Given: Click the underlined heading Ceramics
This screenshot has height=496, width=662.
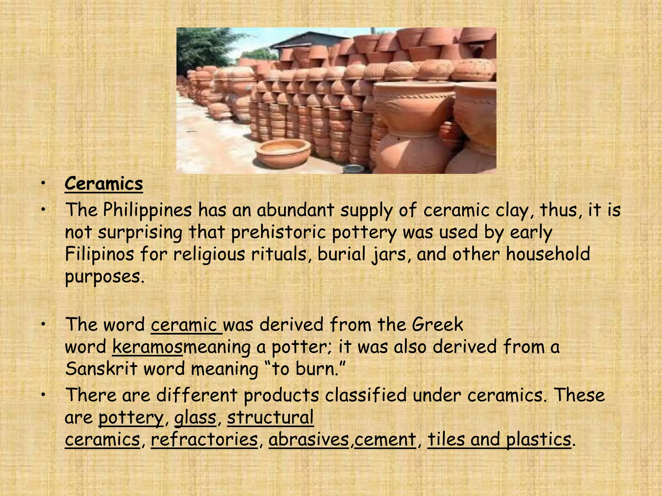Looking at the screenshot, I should (x=103, y=184).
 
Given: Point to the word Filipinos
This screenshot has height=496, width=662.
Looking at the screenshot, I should (x=99, y=254).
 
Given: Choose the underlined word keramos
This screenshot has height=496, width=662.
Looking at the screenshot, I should (x=147, y=347).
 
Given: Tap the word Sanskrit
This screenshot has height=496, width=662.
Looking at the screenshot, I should (x=101, y=369).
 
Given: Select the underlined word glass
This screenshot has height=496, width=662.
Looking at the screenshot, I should (x=195, y=417).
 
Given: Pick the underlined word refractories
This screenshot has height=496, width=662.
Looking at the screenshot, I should (x=204, y=439).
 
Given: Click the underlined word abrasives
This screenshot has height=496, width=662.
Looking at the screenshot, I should (x=309, y=439).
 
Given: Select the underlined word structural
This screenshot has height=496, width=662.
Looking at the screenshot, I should (x=270, y=417).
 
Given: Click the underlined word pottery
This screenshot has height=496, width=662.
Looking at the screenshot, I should (x=131, y=418).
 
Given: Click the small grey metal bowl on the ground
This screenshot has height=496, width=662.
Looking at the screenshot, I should (x=353, y=169).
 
